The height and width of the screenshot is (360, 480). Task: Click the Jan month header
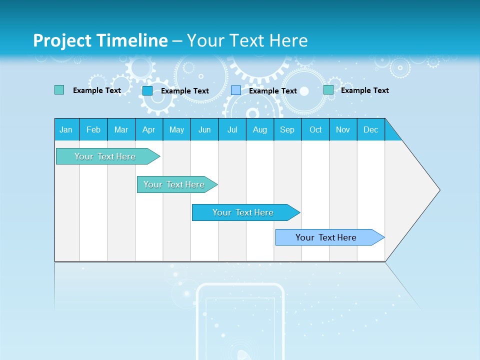pyautogui.click(x=66, y=129)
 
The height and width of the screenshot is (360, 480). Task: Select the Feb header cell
pyautogui.click(x=93, y=129)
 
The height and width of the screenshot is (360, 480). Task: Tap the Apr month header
pyautogui.click(x=149, y=129)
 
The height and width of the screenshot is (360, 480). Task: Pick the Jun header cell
pyautogui.click(x=204, y=129)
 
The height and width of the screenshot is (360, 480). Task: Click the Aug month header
pyautogui.click(x=260, y=129)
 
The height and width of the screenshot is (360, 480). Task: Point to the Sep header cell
pyautogui.click(x=287, y=129)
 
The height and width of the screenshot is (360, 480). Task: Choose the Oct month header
pyautogui.click(x=315, y=129)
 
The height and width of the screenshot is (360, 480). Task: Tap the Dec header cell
pyautogui.click(x=371, y=129)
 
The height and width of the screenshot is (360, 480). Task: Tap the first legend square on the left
pyautogui.click(x=59, y=90)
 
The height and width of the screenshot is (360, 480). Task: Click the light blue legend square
pyautogui.click(x=236, y=90)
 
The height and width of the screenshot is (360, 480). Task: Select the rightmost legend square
pyautogui.click(x=328, y=90)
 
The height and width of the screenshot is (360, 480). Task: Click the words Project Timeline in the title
pyautogui.click(x=100, y=40)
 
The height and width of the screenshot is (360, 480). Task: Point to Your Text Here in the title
pyautogui.click(x=247, y=40)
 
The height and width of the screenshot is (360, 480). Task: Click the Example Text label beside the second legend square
pyautogui.click(x=185, y=91)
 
